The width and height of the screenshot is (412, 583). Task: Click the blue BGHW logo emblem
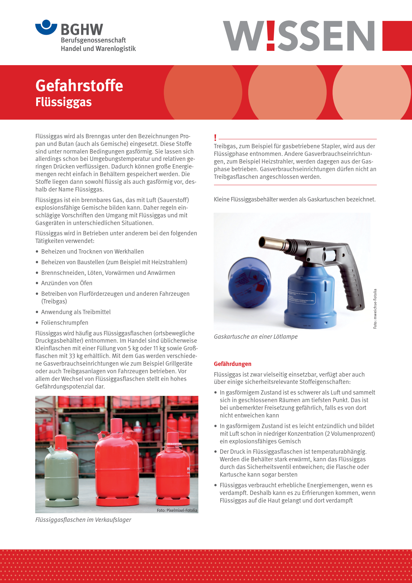[46, 27]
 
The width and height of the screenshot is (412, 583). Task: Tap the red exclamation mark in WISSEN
[271, 36]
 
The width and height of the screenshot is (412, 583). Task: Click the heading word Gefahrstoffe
[79, 85]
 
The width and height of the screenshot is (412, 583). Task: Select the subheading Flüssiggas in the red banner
[63, 102]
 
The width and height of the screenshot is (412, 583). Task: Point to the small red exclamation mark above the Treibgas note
[215, 138]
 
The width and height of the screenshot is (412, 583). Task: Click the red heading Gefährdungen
[233, 364]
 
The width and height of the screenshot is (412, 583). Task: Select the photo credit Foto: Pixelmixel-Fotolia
[177, 510]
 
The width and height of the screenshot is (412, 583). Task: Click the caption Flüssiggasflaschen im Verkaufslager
[83, 520]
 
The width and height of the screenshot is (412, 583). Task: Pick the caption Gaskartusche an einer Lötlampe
[256, 337]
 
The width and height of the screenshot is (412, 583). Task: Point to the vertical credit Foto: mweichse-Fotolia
[375, 309]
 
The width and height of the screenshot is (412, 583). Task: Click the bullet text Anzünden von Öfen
[66, 283]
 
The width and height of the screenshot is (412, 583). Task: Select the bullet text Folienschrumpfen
[64, 323]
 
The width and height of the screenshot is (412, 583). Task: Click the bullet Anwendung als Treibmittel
[76, 312]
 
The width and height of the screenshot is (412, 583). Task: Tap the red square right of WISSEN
[397, 36]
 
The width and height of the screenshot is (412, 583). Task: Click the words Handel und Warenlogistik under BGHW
[98, 49]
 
